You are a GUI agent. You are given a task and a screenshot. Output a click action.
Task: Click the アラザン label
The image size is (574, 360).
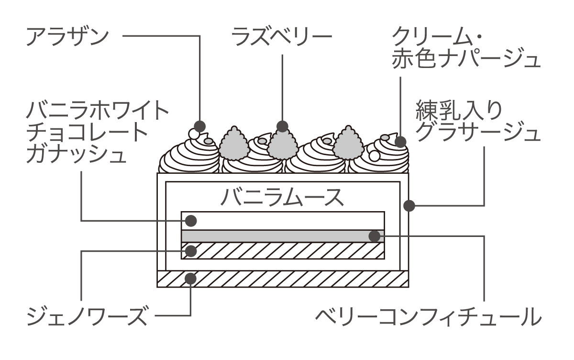(67, 37)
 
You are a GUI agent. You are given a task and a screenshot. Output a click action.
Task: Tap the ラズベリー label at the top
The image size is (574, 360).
(282, 37)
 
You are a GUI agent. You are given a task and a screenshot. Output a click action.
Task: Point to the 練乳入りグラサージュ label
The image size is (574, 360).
(478, 121)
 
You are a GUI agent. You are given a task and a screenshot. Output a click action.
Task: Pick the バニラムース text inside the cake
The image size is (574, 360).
(282, 197)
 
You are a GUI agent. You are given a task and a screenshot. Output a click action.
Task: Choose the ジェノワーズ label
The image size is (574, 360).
(86, 316)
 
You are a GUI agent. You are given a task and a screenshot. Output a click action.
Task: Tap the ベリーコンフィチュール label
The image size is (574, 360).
(428, 316)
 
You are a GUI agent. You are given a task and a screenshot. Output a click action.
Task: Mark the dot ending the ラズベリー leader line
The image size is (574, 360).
(282, 126)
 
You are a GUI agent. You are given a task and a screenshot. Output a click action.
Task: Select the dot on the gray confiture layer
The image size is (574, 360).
(375, 236)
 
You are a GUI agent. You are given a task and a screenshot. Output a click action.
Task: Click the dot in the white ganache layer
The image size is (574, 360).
(191, 221)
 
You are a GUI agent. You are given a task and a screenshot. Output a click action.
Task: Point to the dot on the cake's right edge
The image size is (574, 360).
(409, 206)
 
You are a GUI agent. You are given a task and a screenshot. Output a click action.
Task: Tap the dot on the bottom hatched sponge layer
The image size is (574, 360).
(191, 278)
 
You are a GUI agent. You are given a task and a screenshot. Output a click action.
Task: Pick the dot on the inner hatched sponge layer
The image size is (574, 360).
(191, 250)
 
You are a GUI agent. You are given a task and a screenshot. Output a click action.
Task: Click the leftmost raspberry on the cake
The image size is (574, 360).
(234, 143)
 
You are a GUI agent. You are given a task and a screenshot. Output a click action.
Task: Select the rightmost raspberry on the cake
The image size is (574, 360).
(348, 143)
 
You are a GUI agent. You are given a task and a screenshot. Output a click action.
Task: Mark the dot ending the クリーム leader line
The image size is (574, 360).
(400, 142)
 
